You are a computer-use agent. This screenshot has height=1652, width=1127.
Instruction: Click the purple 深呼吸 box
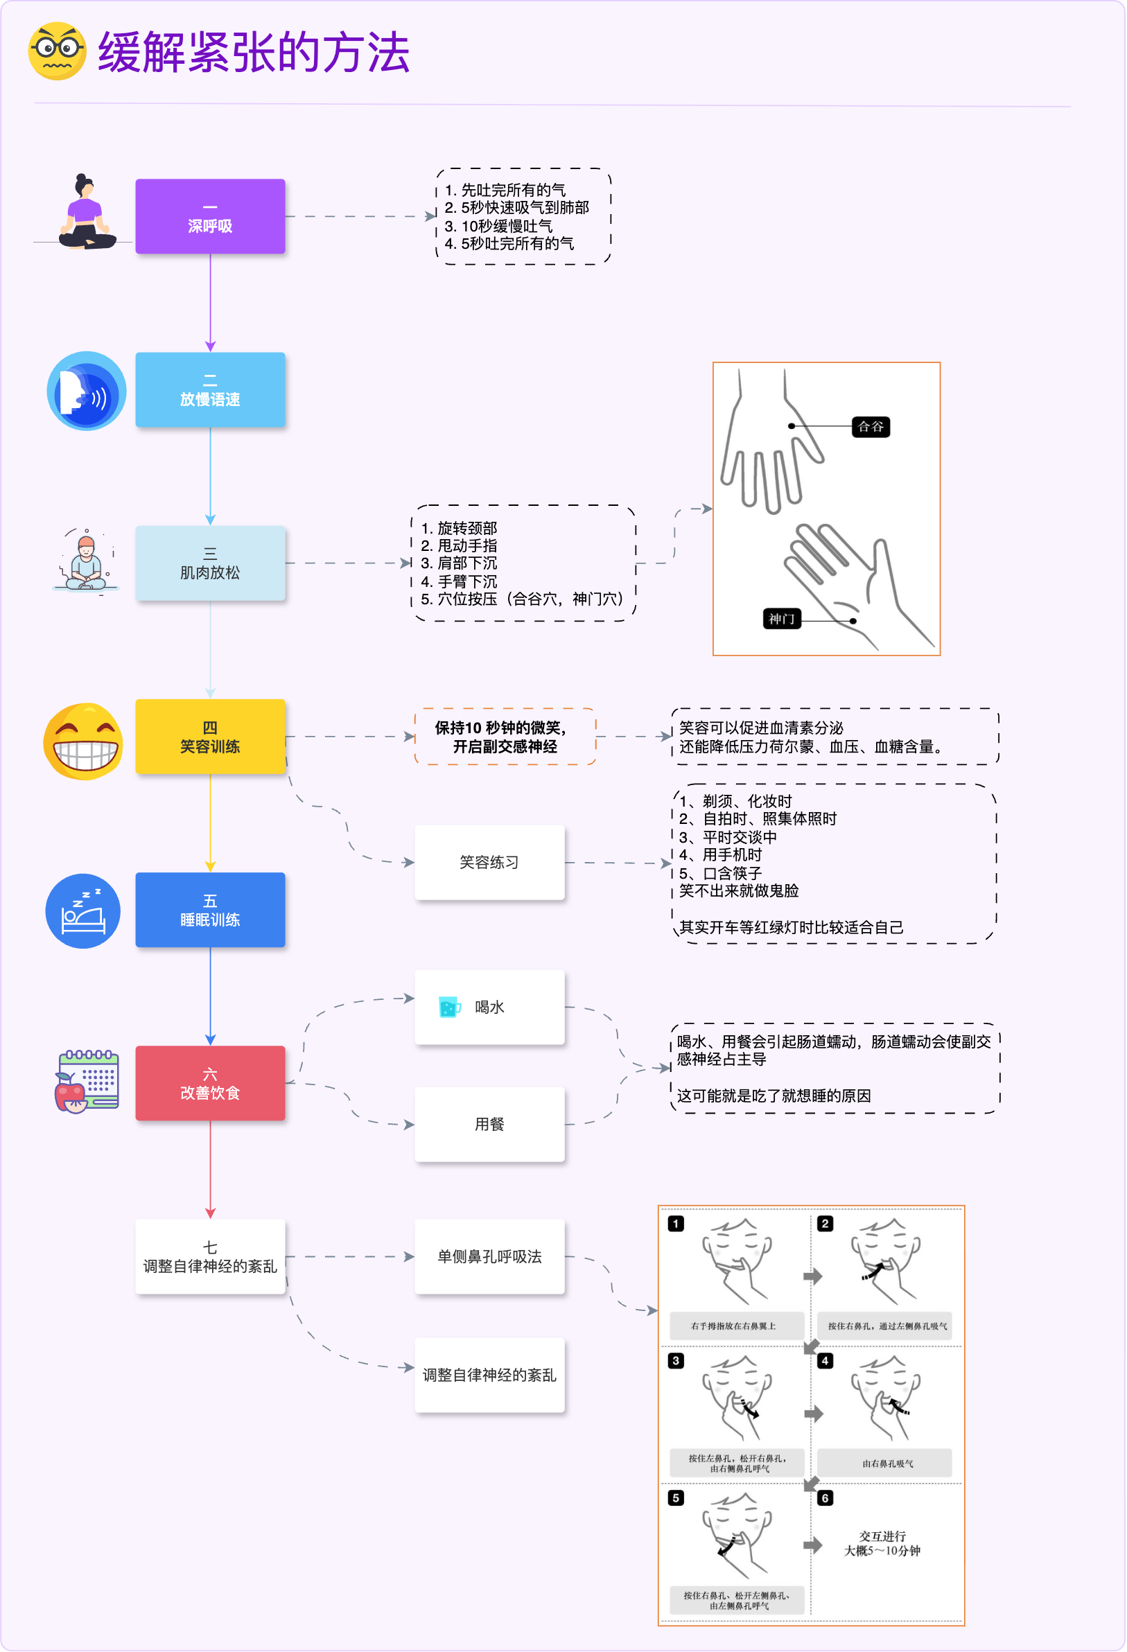[x=211, y=217]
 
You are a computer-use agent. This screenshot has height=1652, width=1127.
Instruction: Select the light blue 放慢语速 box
[x=211, y=390]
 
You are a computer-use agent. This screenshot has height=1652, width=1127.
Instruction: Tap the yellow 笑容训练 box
[x=211, y=737]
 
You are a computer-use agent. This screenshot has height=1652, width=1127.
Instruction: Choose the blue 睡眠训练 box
[x=211, y=911]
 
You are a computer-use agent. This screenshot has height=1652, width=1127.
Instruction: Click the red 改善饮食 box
[x=211, y=1084]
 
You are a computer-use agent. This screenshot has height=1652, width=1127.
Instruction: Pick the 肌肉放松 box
[x=211, y=563]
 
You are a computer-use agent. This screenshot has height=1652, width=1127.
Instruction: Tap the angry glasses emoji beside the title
[x=57, y=51]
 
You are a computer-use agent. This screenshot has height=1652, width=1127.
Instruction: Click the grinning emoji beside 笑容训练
[x=83, y=742]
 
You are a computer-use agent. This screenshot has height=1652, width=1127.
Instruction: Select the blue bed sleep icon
[x=83, y=912]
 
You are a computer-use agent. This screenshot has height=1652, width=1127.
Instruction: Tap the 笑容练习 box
[x=490, y=863]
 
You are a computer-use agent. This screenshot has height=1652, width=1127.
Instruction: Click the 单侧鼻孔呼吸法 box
[x=490, y=1258]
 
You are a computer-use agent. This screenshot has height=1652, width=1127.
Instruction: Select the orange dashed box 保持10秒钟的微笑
[x=505, y=737]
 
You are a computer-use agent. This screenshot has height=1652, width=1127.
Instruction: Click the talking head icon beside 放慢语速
[x=86, y=392]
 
